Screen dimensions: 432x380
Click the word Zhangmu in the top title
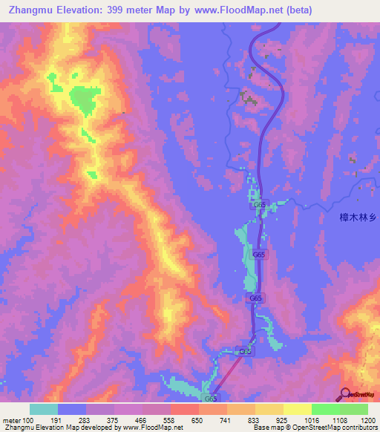(30, 10)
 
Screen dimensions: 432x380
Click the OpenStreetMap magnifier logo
(346, 394)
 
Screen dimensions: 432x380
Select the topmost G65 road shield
(259, 204)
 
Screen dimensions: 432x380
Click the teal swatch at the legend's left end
(44, 409)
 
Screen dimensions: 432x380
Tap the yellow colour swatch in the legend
(297, 409)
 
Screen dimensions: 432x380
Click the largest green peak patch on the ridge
(84, 99)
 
